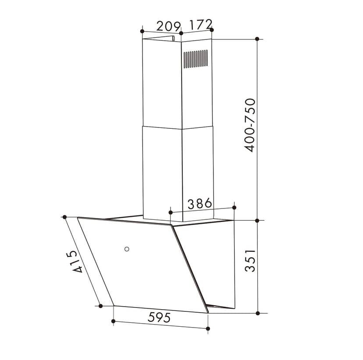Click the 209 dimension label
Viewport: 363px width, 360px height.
[168, 26]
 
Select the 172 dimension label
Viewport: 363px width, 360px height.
[201, 24]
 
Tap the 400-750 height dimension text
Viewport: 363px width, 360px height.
[250, 125]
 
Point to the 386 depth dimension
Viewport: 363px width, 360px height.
[199, 204]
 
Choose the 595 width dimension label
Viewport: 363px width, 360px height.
[159, 317]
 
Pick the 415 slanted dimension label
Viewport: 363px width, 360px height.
[75, 261]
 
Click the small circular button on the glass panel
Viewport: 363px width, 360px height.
[127, 249]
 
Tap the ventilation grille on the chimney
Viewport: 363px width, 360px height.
[196, 59]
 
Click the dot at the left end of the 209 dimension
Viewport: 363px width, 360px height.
[142, 31]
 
